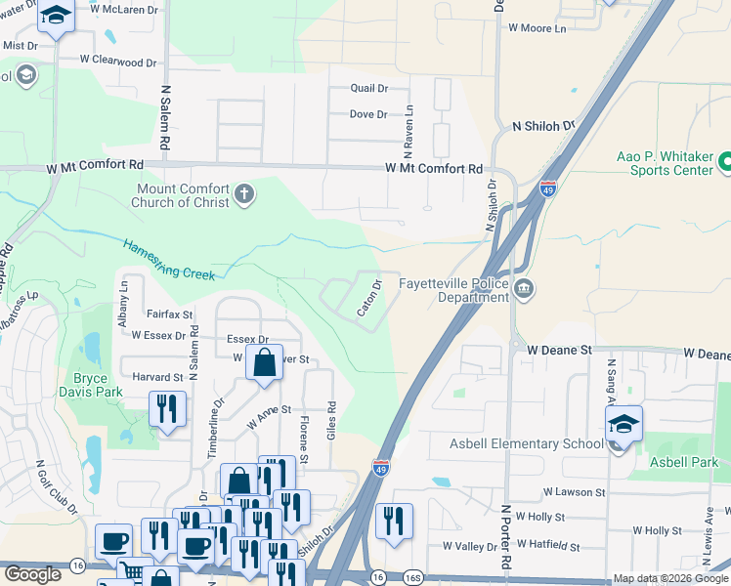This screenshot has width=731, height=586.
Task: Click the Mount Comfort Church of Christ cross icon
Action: click(244, 195)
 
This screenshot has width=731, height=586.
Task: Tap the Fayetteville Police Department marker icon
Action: click(524, 289)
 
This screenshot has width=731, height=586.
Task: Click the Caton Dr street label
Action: click(369, 298)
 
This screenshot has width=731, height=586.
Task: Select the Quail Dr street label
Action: click(369, 88)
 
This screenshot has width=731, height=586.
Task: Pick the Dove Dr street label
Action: click(368, 114)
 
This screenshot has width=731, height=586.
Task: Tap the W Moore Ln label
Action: click(537, 28)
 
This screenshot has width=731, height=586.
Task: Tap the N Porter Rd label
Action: click(506, 537)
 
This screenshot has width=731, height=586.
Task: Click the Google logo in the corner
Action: click(32, 575)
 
